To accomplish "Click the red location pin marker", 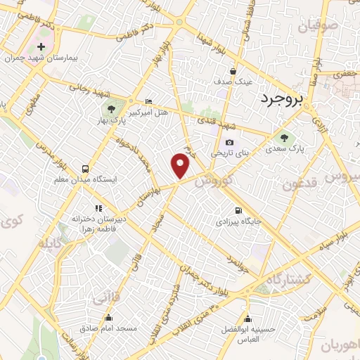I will coord(181,166).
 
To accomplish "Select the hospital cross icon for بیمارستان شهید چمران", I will coord(41,47).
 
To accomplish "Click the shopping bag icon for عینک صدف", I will coord(233,70).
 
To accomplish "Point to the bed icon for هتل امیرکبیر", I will coord(148,101).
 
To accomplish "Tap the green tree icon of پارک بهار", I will coord(110,108).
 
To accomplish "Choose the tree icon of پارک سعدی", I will coord(283,138).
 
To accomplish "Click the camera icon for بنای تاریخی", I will coord(229,143).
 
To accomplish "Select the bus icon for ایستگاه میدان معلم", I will coord(85,169).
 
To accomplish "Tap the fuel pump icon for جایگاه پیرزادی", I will coord(238,210).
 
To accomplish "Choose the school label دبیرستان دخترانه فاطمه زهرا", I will coord(99,223).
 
